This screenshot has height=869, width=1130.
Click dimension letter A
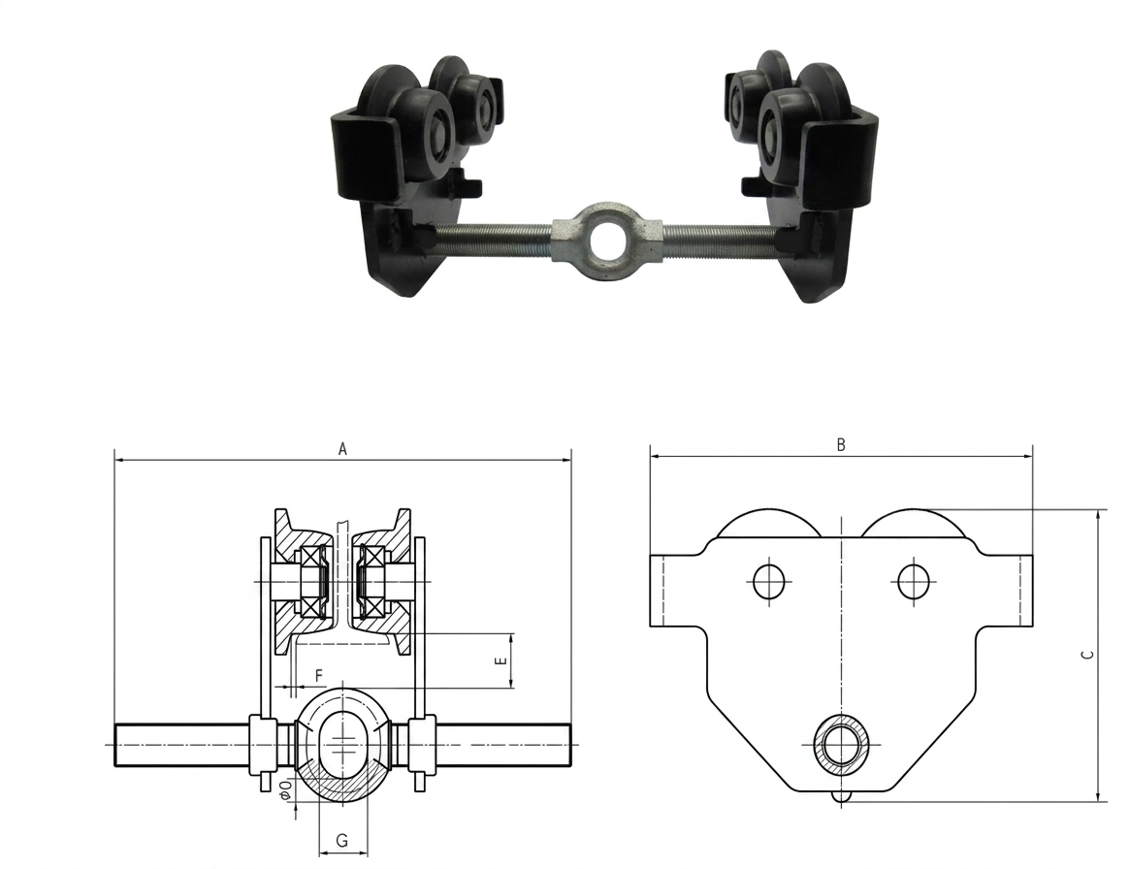pos(343,449)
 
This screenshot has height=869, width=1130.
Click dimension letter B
pos(840,444)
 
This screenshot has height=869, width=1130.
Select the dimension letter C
pos(1089,655)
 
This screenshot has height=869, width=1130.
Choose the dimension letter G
pos(342,840)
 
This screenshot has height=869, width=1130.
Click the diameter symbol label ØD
pos(286,789)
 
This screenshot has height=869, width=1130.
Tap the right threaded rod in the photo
pos(722,240)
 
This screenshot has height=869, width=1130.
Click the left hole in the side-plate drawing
pos(768,580)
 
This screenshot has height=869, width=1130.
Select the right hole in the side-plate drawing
pos(913,580)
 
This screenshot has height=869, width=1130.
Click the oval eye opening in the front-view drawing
pos(343,744)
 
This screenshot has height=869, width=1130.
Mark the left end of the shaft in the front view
pos(115,744)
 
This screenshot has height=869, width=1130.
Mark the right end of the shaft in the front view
pos(570,744)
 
